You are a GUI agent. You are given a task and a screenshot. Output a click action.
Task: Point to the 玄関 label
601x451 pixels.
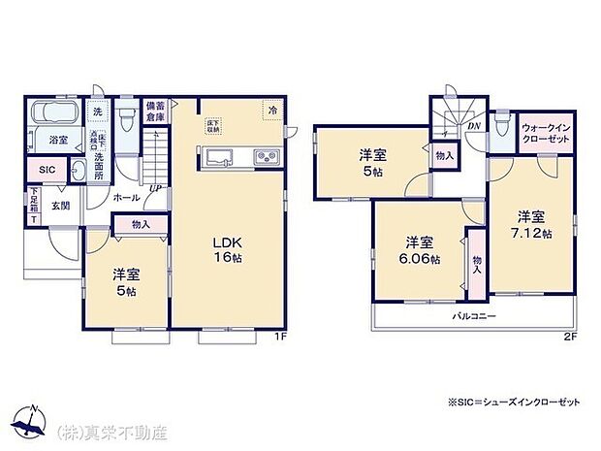[60, 206]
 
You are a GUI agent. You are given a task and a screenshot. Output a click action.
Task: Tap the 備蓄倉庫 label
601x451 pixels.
[154, 110]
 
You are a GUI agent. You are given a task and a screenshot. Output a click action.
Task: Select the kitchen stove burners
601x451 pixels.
[267, 157]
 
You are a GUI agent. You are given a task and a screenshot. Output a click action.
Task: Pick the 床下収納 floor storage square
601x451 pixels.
[213, 124]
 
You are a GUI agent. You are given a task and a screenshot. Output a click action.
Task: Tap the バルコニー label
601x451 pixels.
[472, 316]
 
